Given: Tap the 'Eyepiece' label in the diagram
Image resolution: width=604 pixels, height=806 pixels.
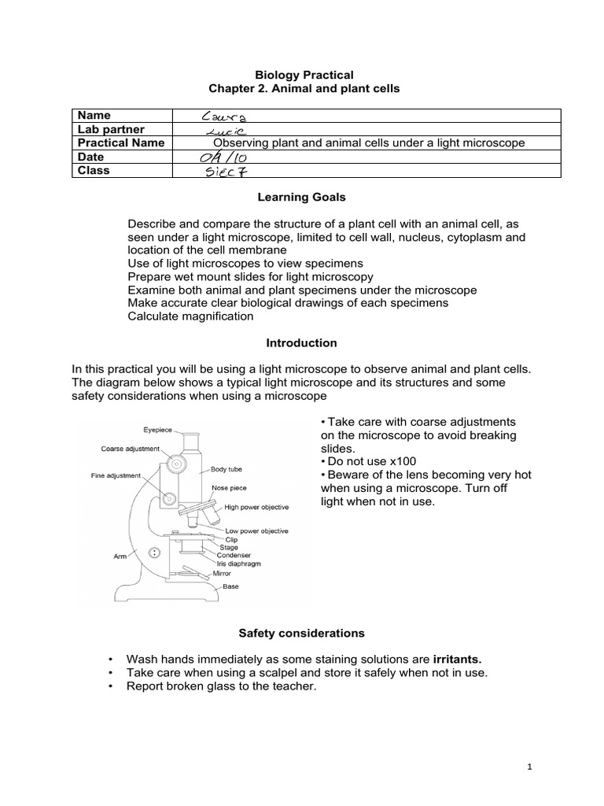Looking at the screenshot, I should click(x=159, y=431).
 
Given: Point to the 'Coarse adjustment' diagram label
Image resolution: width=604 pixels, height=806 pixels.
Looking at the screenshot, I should click(x=131, y=449).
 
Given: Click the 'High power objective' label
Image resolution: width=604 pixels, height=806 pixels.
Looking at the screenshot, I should click(x=256, y=508).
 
